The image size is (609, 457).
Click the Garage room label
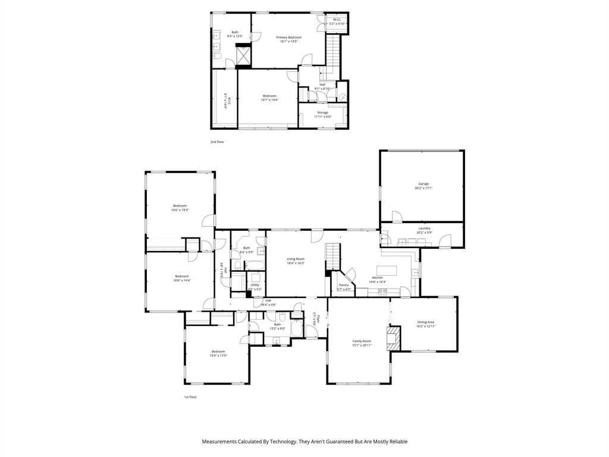pos(423,184)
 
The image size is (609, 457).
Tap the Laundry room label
pos(424,228)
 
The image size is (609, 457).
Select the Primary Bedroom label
pos(289,37)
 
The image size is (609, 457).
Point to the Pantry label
pos(344,285)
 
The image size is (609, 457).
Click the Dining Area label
pos(426,322)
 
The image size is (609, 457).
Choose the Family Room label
pos(362,341)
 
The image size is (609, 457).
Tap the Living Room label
pos(296,259)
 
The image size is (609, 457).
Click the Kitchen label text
pos(378,278)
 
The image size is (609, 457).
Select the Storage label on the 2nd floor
pos(322,112)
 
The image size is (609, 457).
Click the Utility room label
pos(255,285)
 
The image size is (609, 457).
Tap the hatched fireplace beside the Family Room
pos(393,338)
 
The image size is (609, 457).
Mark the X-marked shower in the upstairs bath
pos(244,56)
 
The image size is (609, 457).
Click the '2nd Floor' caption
pos(217,142)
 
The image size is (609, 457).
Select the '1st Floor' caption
pos(190,397)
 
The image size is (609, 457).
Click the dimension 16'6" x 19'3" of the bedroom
pos(180,210)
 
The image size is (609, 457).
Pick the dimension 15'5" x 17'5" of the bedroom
pos(218,356)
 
